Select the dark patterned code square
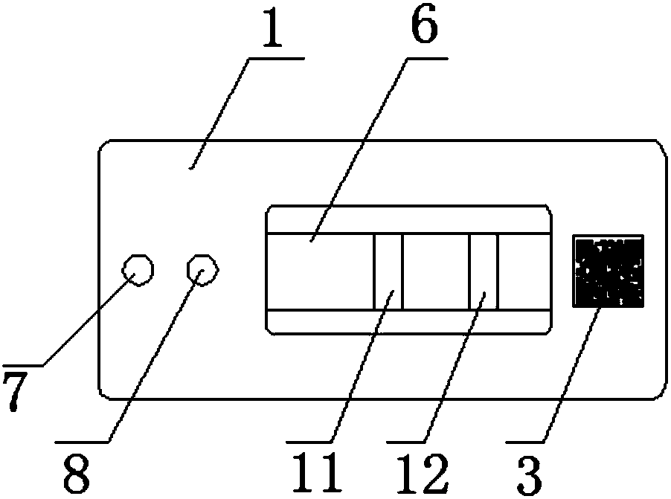coord(608,271)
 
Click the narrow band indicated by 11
coord(388,271)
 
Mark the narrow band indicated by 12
coord(483,271)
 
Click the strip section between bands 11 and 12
coord(435,271)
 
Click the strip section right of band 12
coord(524,271)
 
